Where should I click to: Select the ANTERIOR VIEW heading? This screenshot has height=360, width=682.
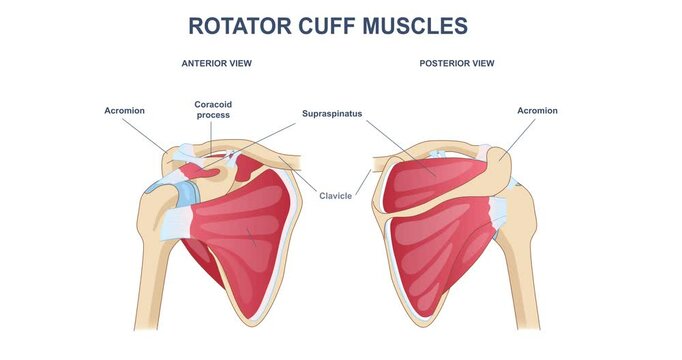(216, 63)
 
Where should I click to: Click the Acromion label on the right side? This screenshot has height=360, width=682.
(537, 110)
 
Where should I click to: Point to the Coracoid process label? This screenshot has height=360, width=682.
(212, 109)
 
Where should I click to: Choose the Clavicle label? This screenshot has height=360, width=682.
(335, 195)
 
